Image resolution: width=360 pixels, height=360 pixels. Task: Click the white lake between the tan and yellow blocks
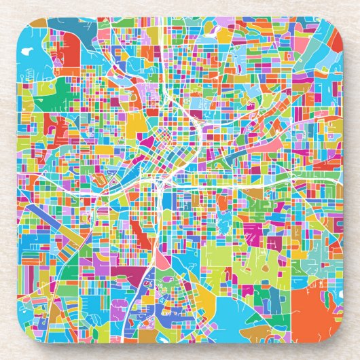tap(224, 31)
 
